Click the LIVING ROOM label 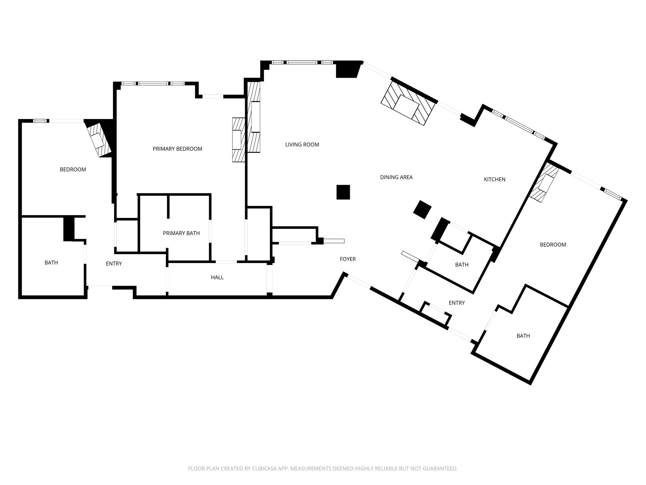tap(302, 145)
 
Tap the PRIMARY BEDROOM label tap(177, 149)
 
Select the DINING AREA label tap(396, 177)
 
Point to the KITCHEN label tap(495, 179)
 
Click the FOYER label tap(348, 259)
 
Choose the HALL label tap(217, 277)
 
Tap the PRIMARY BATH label tap(181, 233)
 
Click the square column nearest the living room tap(343, 192)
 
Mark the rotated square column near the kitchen tap(422, 209)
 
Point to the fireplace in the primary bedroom tap(239, 140)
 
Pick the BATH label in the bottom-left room tap(51, 262)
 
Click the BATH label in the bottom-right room tap(523, 336)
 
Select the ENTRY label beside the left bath tap(114, 264)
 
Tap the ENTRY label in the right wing tap(457, 303)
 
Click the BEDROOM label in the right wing tap(553, 244)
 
